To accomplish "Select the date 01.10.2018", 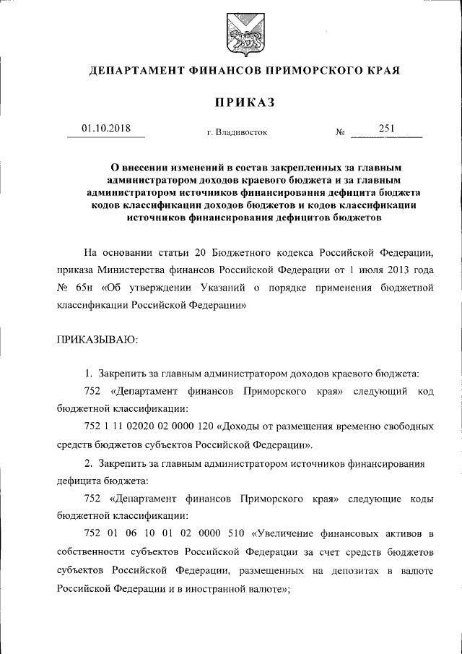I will [x=105, y=129].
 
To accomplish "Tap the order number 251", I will [x=386, y=129].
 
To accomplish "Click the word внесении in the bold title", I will [x=147, y=165].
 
